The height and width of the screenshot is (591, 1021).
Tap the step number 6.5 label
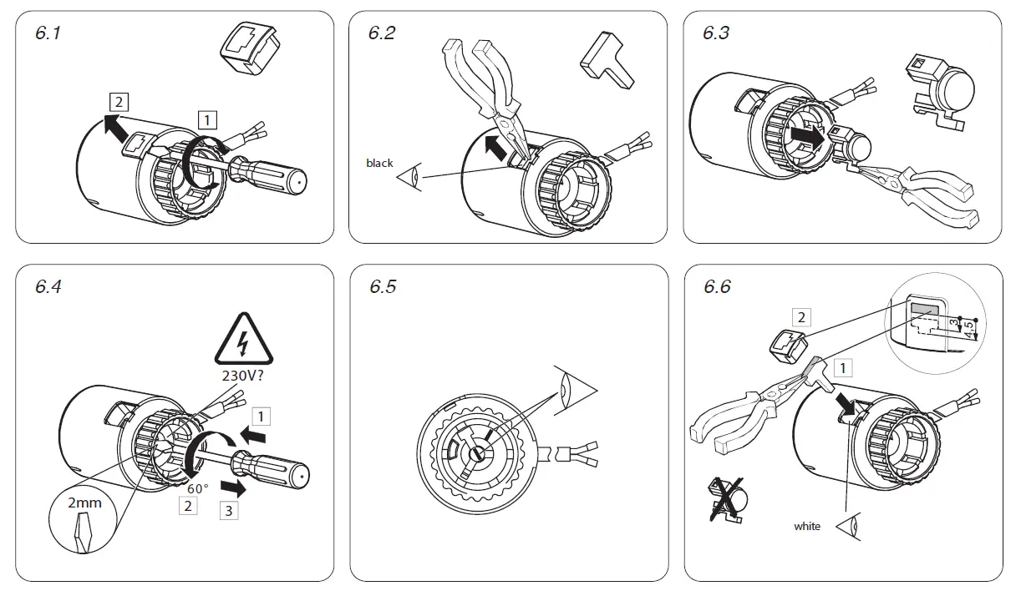point(383,286)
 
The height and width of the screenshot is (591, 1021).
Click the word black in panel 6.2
point(379,163)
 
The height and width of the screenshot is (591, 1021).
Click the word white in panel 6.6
point(807,526)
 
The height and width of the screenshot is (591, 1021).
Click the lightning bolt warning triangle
point(243,340)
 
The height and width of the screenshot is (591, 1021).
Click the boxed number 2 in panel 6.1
point(119,102)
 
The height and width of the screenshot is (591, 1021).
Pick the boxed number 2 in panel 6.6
point(801,316)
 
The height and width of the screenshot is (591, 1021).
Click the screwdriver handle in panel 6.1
point(276,176)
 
